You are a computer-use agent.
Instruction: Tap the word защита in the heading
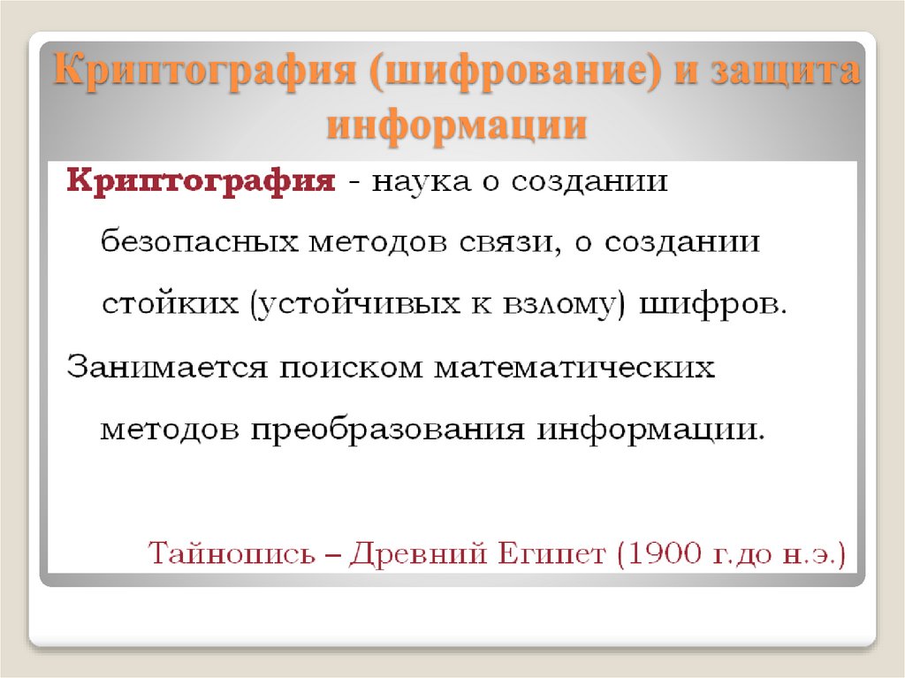[787, 71]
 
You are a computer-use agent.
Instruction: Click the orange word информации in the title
[457, 124]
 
